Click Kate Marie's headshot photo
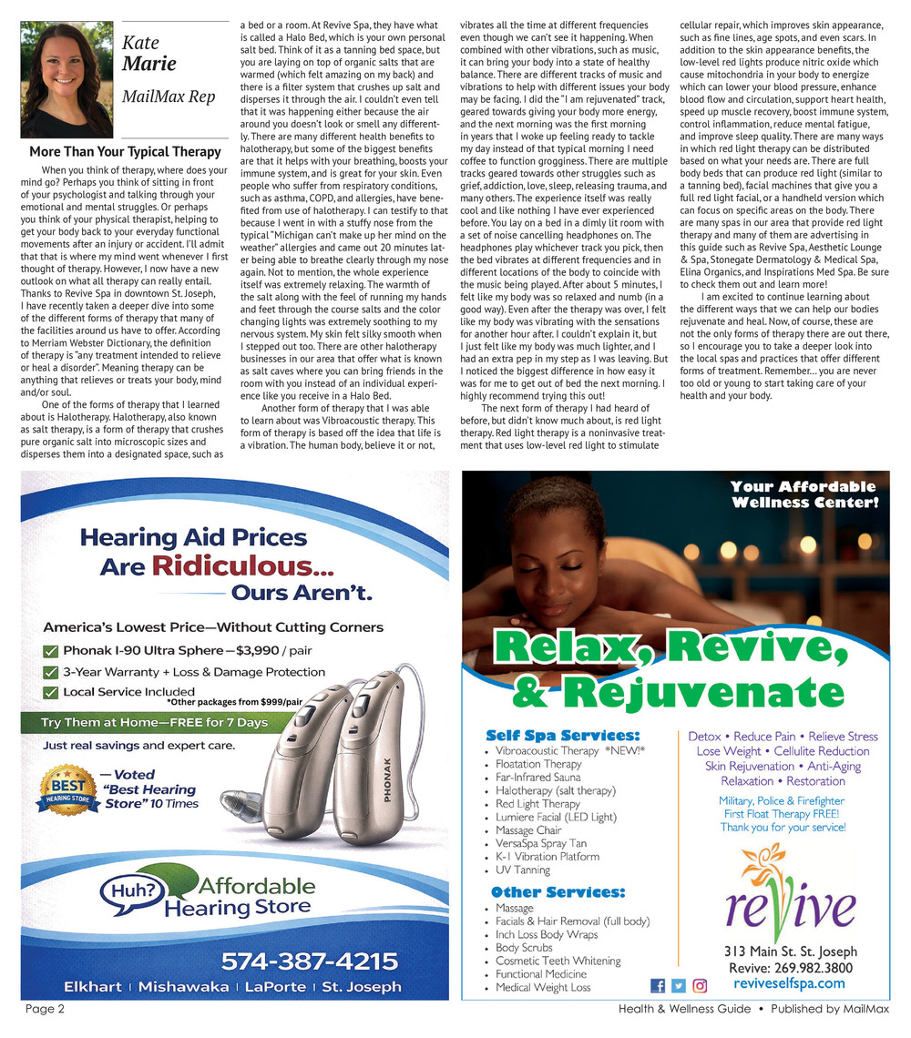pyautogui.click(x=67, y=80)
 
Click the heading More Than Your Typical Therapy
pyautogui.click(x=125, y=152)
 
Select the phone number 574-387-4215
pyautogui.click(x=309, y=962)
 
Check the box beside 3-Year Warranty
pyautogui.click(x=51, y=672)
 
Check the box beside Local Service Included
pyautogui.click(x=51, y=692)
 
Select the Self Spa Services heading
pyautogui.click(x=563, y=735)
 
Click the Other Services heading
pyautogui.click(x=558, y=892)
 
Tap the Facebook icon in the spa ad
pyautogui.click(x=658, y=985)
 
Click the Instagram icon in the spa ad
pyautogui.click(x=700, y=985)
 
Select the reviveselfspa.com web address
pyautogui.click(x=789, y=983)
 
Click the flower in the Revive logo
pyautogui.click(x=763, y=871)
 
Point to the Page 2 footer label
pyautogui.click(x=45, y=1009)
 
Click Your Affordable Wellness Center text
pyautogui.click(x=804, y=494)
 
